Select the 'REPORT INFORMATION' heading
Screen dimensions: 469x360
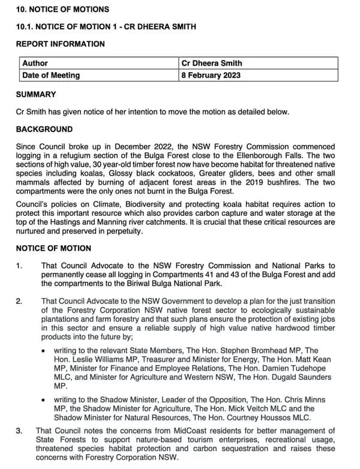click(60, 44)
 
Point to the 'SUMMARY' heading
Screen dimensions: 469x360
click(36, 94)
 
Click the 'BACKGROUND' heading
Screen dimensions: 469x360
click(44, 129)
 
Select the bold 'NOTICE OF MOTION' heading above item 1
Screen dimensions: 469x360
click(53, 248)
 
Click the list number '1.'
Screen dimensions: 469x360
click(20, 266)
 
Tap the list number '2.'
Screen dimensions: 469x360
click(20, 300)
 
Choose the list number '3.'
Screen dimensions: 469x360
click(20, 430)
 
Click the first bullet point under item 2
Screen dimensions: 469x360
click(44, 350)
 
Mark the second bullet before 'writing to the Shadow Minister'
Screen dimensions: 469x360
click(44, 399)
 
